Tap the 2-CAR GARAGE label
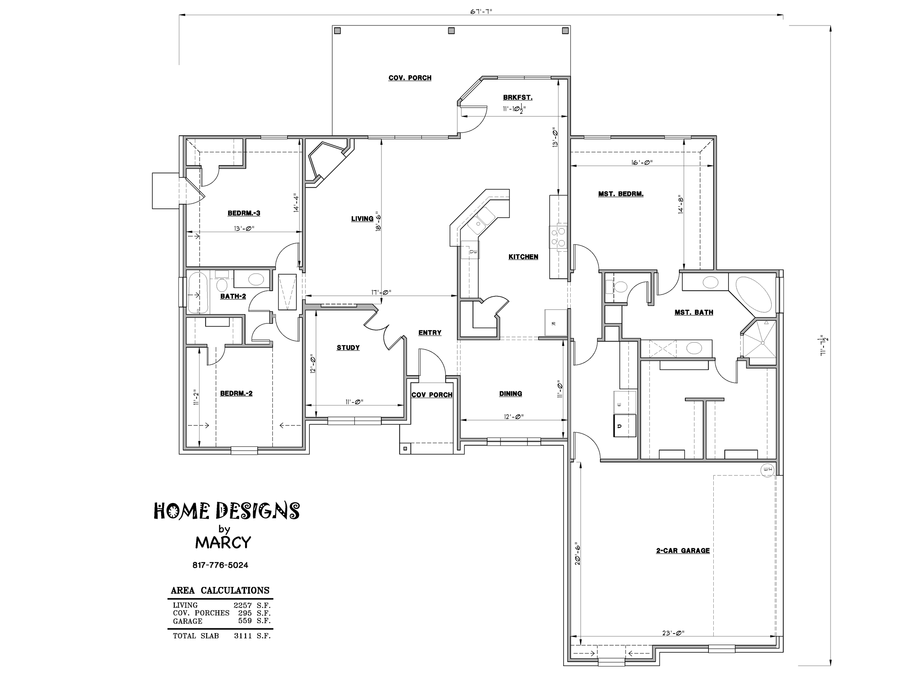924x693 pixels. (683, 551)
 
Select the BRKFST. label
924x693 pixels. (517, 98)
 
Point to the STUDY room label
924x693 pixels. (348, 347)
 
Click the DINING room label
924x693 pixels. (510, 394)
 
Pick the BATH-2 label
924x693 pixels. (233, 296)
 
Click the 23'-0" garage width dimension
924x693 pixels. (673, 633)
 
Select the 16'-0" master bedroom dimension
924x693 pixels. (642, 163)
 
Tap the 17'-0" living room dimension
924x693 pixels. (381, 292)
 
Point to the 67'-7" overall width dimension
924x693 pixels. (481, 12)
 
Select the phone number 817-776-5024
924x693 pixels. (220, 565)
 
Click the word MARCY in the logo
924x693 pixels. (223, 543)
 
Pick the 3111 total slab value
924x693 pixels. (243, 636)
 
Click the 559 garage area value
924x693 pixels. (245, 621)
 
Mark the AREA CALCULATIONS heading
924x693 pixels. (220, 591)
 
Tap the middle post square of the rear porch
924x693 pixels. (451, 31)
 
